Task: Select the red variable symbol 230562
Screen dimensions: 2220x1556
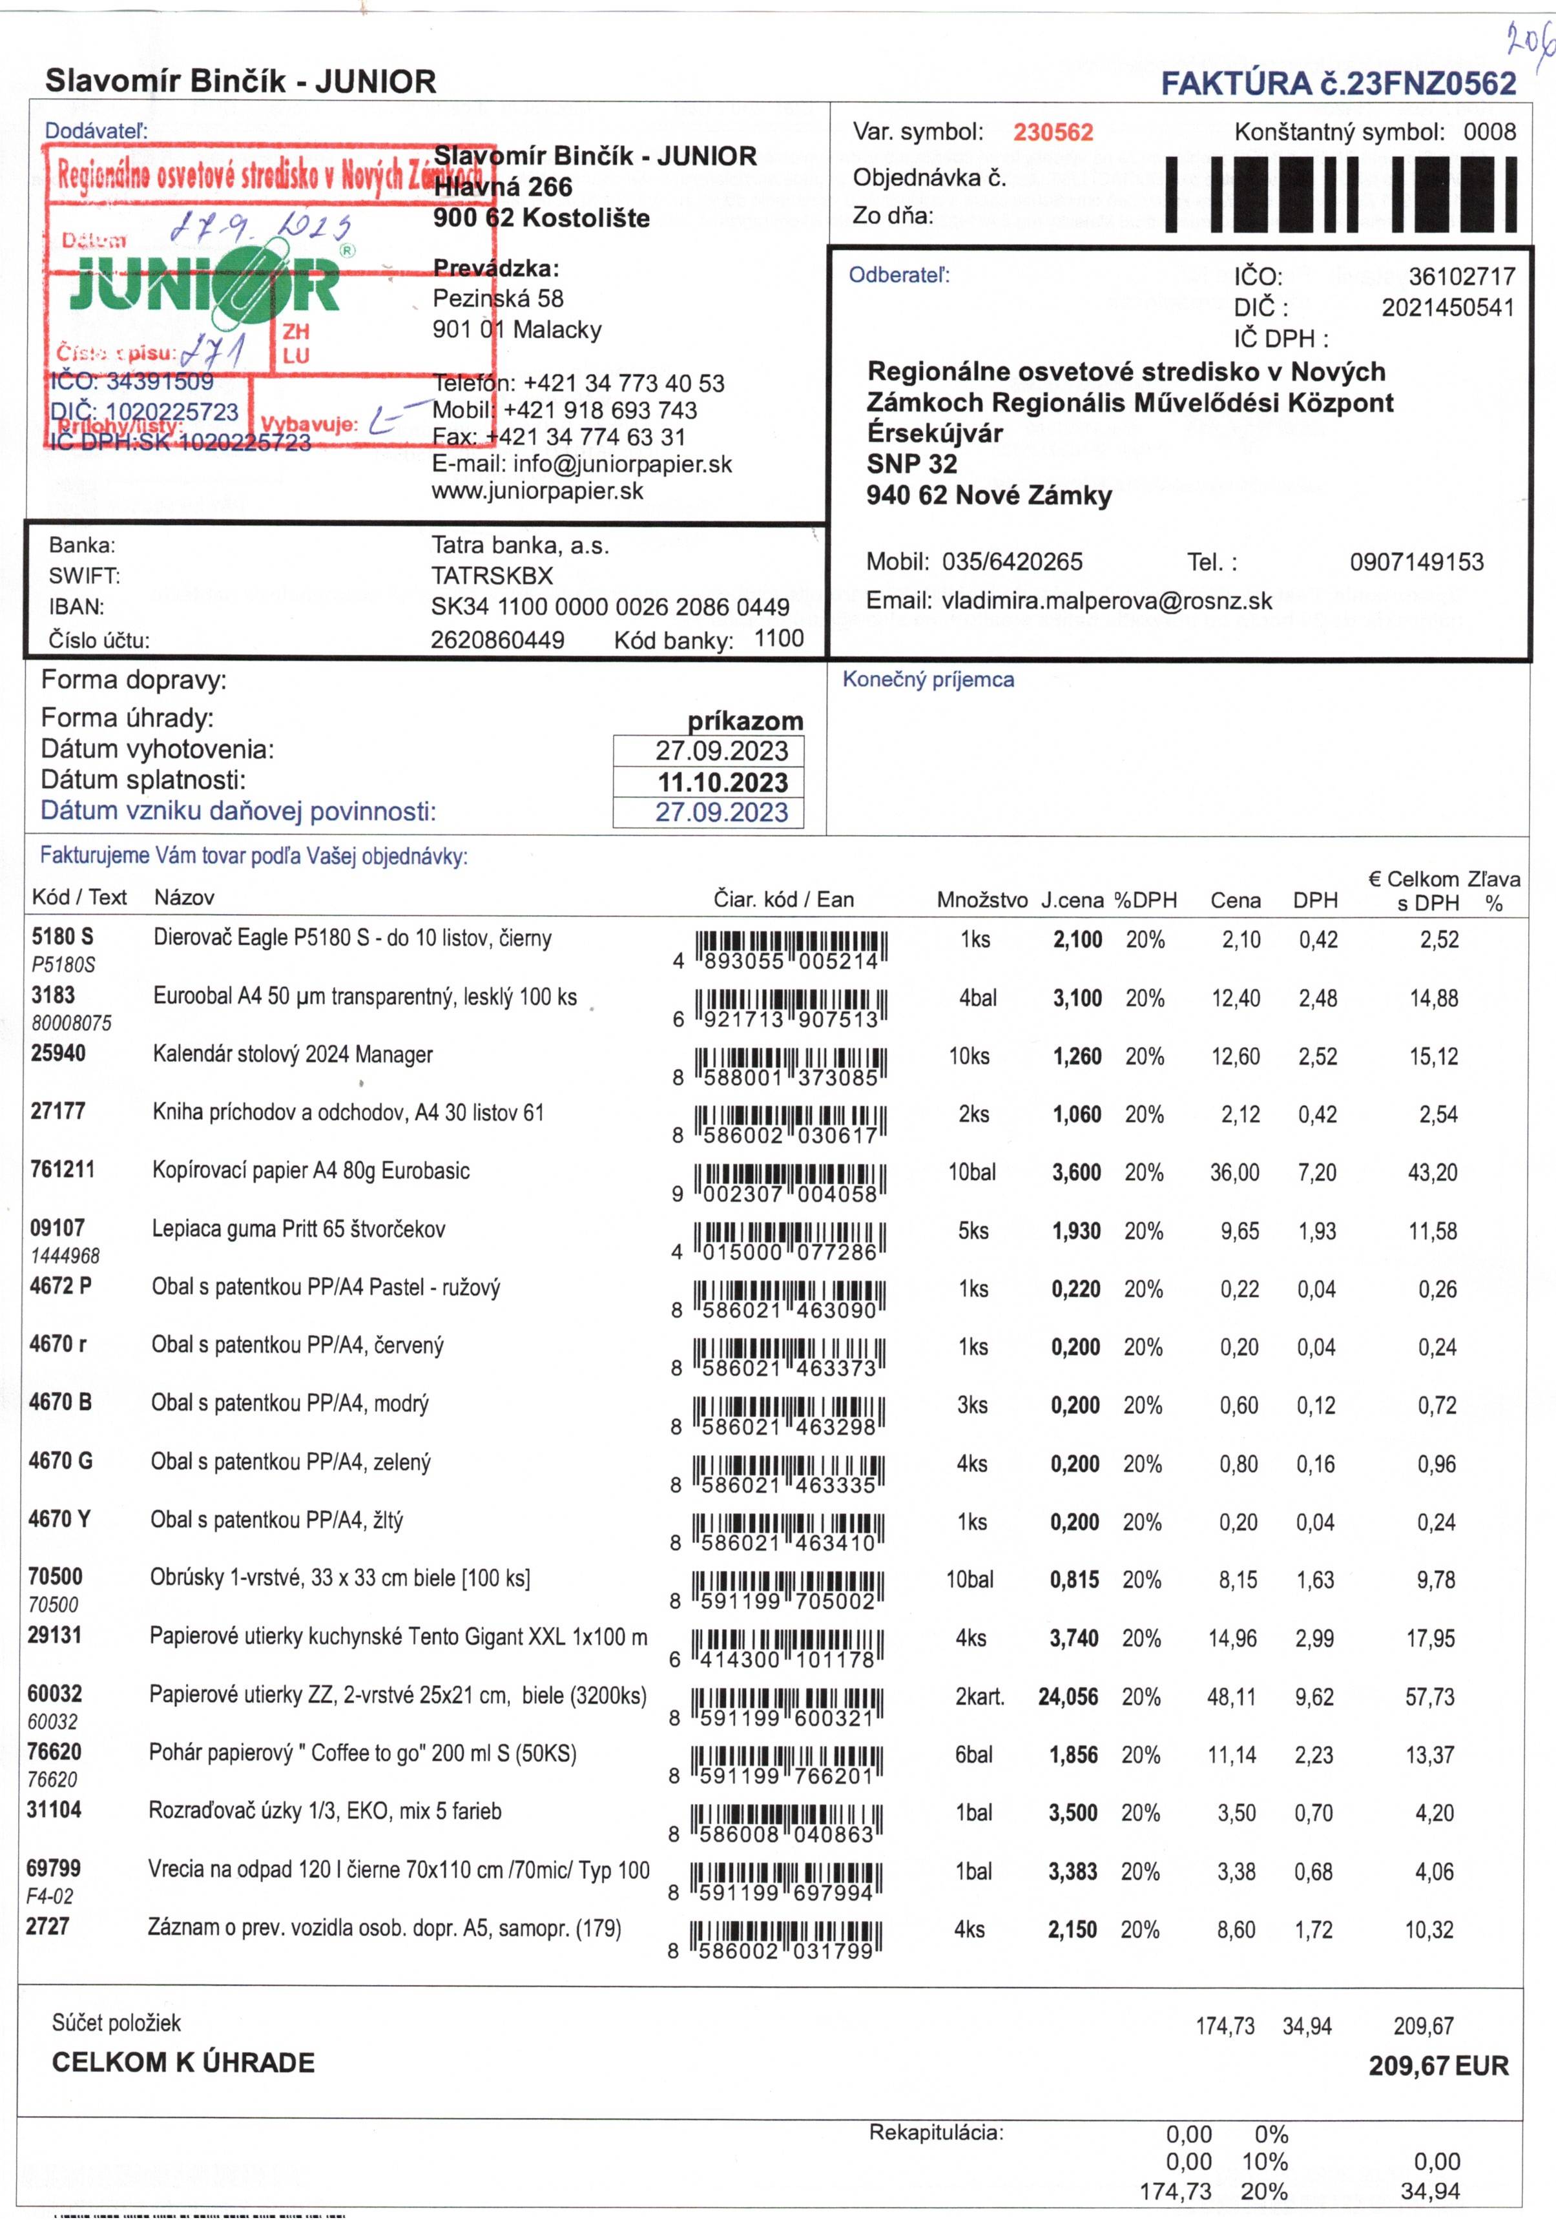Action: tap(1052, 132)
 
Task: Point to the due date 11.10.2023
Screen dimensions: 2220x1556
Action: tap(722, 782)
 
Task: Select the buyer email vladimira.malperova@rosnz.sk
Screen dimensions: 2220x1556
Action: tap(1106, 601)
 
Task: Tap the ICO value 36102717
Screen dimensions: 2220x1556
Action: tap(1460, 276)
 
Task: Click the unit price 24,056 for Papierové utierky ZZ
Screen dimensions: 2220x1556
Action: tap(1068, 1697)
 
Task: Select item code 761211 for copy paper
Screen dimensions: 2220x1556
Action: tap(63, 1170)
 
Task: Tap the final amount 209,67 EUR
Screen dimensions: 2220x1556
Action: tap(1437, 2066)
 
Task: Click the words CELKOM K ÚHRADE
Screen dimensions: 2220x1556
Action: tap(183, 2062)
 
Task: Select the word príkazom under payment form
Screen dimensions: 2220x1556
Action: tap(745, 721)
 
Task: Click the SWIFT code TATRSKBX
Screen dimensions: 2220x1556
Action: tap(492, 576)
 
